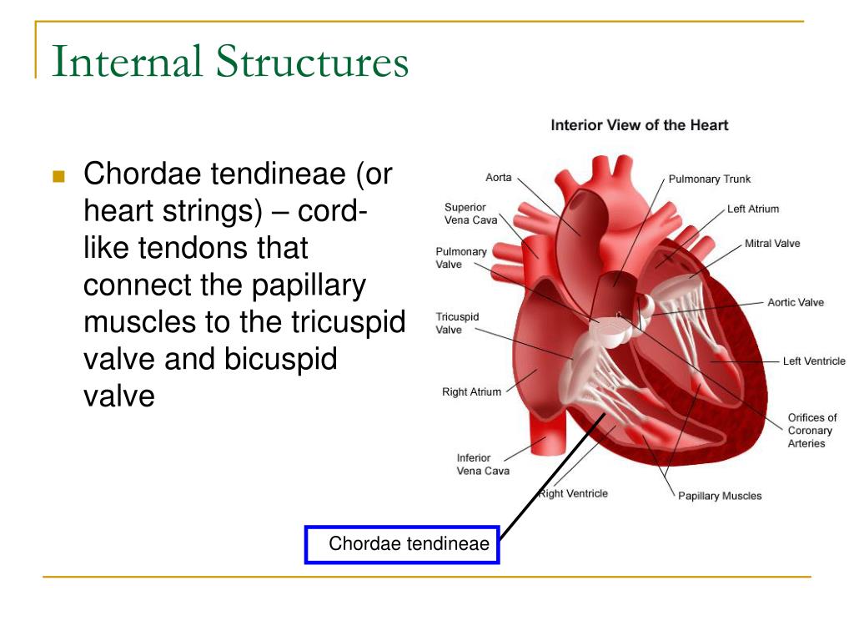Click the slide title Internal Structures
229,63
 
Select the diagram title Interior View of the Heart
639,125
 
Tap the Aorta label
499,177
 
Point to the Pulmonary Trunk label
709,179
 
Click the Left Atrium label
752,209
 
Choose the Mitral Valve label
771,244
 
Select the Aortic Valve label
795,302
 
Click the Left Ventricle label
813,361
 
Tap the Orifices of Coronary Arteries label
811,430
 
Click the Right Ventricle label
573,493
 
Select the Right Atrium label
471,392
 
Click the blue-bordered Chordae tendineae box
402,545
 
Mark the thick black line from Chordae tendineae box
550,476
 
